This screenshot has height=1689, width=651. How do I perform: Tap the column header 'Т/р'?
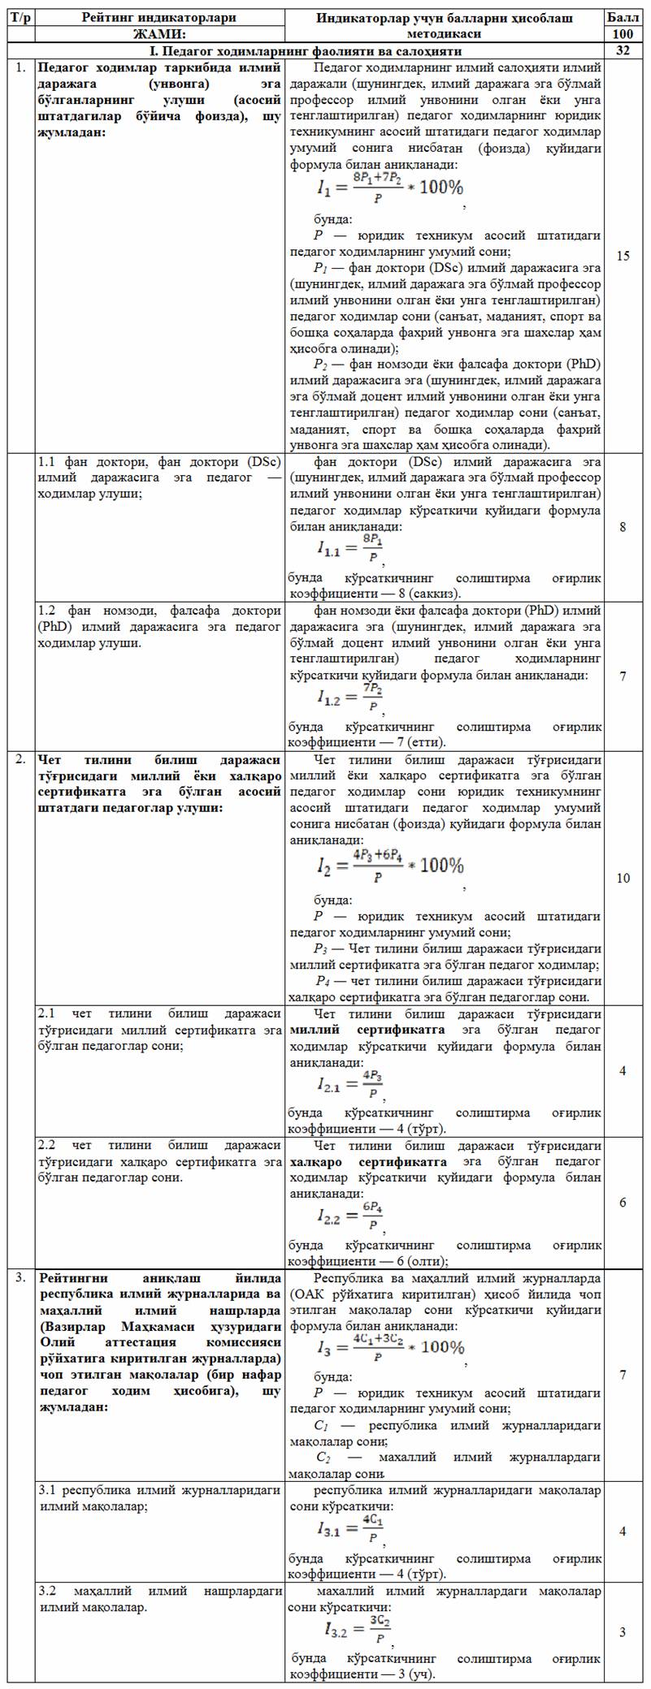(20, 17)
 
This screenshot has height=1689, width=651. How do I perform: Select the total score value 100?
(623, 34)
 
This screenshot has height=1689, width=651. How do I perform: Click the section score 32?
(623, 50)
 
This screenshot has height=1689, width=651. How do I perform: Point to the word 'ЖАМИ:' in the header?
(159, 34)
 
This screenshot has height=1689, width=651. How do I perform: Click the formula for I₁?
(389, 186)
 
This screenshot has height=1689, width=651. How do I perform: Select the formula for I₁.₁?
(350, 549)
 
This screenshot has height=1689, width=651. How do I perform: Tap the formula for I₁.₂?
(350, 698)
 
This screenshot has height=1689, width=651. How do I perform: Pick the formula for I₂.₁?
(350, 1083)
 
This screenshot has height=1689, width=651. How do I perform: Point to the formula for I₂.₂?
(350, 1216)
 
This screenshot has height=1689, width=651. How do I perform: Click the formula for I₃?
(391, 1348)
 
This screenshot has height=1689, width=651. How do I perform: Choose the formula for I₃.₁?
(350, 1530)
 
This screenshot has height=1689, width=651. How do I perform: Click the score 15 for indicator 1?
(623, 256)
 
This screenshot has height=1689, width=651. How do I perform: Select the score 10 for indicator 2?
(623, 878)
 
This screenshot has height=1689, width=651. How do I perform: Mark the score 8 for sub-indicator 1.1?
(623, 527)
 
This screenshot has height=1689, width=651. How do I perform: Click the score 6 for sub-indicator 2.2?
(623, 1203)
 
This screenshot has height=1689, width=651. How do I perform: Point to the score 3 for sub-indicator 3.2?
(623, 1632)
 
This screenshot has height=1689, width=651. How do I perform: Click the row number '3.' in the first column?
(20, 1277)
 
